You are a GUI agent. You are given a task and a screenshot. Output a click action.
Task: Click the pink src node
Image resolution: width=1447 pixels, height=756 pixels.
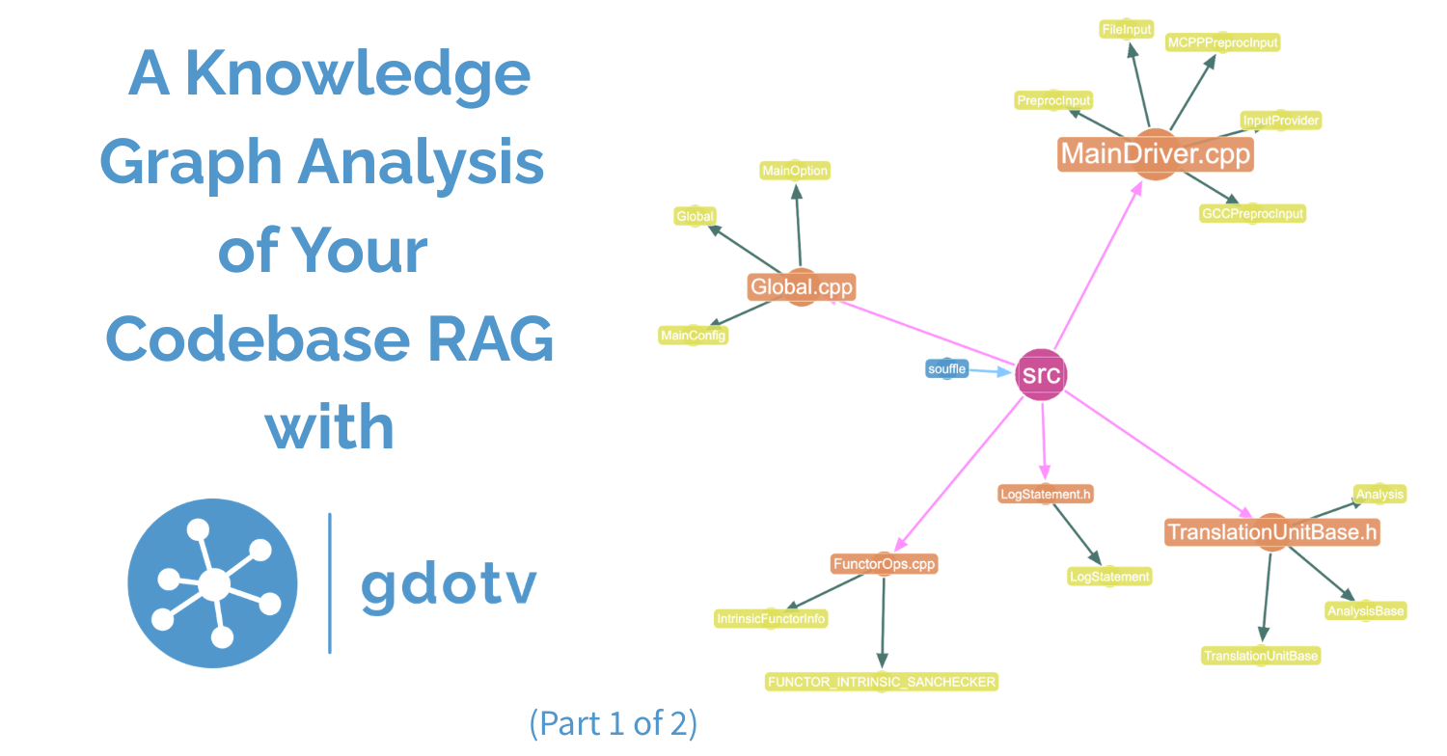click(1041, 374)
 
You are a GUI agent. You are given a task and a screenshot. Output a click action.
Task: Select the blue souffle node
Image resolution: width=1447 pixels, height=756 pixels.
click(946, 369)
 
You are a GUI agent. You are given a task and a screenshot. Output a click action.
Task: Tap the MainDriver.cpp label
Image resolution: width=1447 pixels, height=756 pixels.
click(1155, 154)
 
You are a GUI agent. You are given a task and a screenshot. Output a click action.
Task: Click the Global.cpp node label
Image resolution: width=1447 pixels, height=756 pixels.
click(801, 287)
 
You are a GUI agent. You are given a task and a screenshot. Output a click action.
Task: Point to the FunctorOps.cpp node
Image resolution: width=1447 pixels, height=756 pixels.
click(884, 564)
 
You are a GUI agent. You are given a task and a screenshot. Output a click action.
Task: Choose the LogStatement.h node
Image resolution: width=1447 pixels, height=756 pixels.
click(1046, 495)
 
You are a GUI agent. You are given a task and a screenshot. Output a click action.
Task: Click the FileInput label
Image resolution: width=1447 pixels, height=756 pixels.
click(1127, 30)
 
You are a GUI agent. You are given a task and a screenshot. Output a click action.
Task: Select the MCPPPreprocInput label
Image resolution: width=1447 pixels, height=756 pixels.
click(1222, 42)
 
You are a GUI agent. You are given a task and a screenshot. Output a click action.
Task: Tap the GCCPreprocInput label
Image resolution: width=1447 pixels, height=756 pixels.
click(1252, 214)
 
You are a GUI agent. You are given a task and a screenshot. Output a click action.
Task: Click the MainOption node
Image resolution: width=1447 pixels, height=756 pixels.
click(795, 171)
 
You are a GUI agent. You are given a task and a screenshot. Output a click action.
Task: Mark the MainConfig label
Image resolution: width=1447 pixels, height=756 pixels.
click(693, 336)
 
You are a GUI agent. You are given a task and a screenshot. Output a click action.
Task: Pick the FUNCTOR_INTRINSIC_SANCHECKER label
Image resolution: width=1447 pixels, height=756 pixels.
click(881, 682)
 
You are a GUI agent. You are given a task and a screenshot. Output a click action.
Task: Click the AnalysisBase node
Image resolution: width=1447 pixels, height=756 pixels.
click(1365, 610)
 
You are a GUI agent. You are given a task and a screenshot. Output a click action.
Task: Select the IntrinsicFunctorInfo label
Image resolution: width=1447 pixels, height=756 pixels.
click(771, 619)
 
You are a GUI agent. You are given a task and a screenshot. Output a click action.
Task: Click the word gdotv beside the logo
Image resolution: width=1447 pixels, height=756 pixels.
click(449, 583)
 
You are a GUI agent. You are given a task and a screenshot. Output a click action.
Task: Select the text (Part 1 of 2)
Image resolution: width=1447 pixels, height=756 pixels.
click(613, 723)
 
